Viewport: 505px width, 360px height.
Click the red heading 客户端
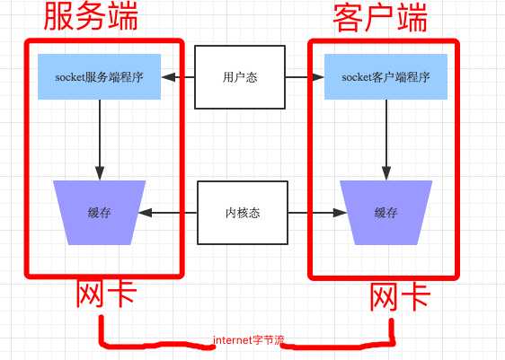pos(379,19)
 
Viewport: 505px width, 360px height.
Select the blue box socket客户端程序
pos(386,77)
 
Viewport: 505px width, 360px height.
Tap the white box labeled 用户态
pos(240,77)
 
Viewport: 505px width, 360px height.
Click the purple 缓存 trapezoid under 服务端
pos(100,213)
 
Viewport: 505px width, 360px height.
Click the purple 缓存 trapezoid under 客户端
pos(386,214)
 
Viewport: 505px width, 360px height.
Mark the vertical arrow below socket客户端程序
pos(386,139)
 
